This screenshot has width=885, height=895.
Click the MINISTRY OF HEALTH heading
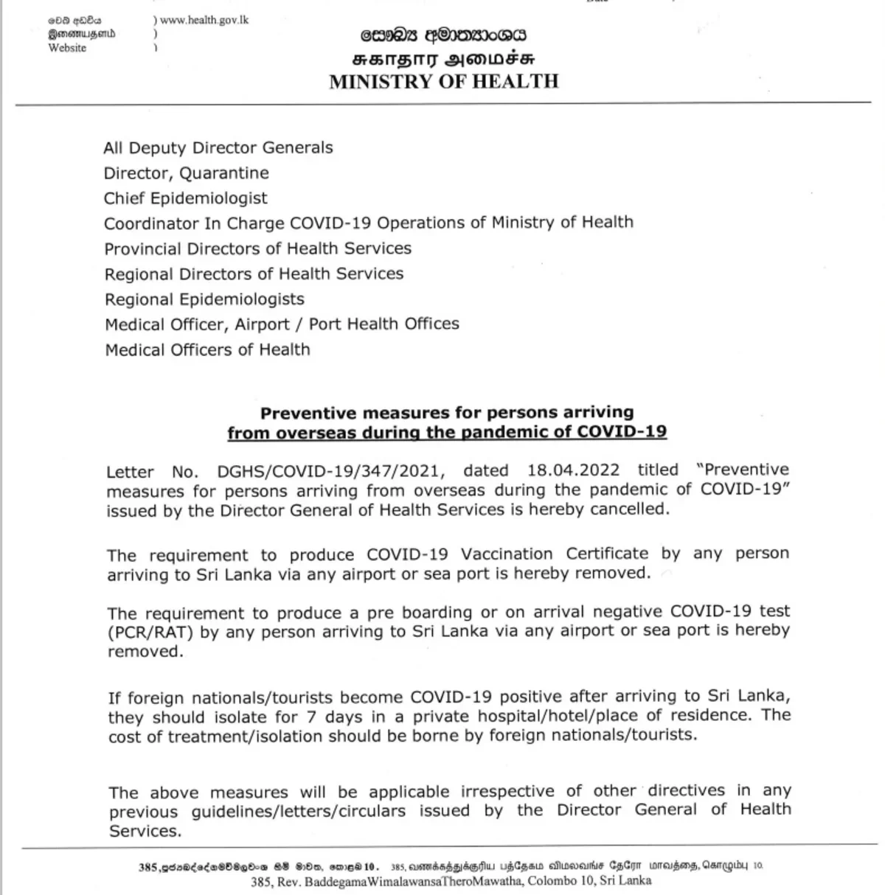click(x=444, y=81)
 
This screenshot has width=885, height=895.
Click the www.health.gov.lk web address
click(x=204, y=20)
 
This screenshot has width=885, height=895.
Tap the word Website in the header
click(x=67, y=48)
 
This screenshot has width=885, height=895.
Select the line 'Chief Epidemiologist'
click(x=186, y=198)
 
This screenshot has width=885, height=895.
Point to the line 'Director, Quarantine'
click(x=187, y=173)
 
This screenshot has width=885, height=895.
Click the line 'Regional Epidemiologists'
click(x=204, y=299)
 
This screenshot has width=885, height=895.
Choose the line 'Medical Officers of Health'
click(x=207, y=349)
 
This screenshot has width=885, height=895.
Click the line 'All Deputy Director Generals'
click(x=218, y=147)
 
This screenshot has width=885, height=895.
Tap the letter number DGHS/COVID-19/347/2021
click(x=331, y=470)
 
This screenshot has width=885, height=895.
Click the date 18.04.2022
click(x=573, y=470)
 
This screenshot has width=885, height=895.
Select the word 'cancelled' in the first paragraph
click(x=631, y=510)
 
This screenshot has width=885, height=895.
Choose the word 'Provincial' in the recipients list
click(x=142, y=248)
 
